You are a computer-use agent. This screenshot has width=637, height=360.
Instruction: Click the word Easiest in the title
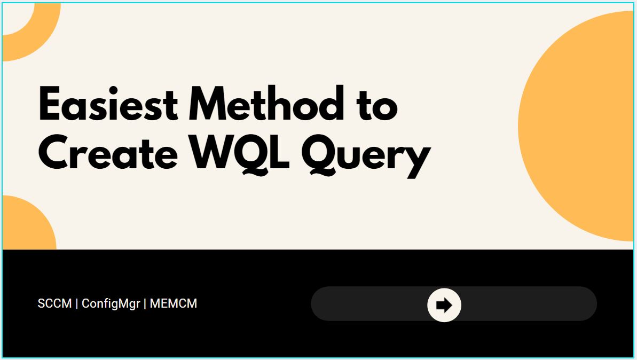click(x=108, y=104)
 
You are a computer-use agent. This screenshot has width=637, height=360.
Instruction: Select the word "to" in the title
click(x=378, y=107)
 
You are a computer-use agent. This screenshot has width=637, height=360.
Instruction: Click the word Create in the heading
click(x=108, y=152)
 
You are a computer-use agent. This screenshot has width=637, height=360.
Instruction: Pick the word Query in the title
click(x=366, y=156)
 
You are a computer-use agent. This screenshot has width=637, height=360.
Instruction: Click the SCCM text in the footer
click(x=54, y=303)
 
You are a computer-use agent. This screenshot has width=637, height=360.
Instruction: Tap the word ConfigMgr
click(x=111, y=304)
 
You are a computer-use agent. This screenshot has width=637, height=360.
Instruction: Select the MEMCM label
click(x=174, y=303)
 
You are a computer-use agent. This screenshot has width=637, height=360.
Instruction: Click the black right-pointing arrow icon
click(x=444, y=305)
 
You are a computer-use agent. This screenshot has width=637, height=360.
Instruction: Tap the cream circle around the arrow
click(x=444, y=305)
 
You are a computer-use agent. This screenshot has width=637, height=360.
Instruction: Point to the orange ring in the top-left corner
click(x=41, y=41)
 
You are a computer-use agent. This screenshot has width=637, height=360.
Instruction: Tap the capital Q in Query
click(x=319, y=155)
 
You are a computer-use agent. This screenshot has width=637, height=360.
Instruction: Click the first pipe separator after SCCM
click(x=77, y=304)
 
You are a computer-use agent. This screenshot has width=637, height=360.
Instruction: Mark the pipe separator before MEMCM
click(x=145, y=304)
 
